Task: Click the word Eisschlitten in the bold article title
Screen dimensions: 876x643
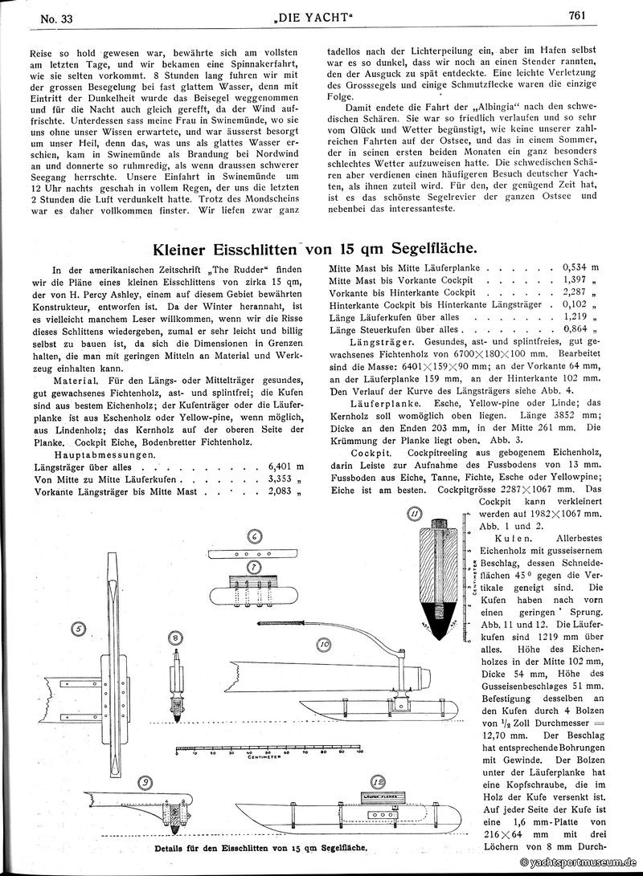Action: point(266,250)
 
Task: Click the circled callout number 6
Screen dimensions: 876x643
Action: point(252,536)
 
